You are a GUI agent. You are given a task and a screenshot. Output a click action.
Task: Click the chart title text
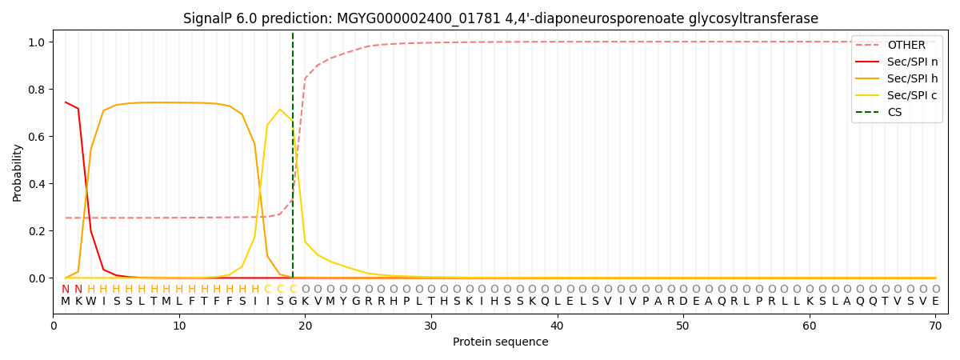point(500,18)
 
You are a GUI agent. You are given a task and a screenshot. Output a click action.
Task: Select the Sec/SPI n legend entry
point(912,62)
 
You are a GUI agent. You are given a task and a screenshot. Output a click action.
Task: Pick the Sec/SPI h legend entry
point(912,78)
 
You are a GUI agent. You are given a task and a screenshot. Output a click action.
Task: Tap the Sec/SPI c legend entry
point(912,95)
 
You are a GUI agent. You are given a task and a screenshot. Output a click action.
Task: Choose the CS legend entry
point(895,112)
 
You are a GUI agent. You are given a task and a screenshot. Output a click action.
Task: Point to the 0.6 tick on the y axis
point(38,137)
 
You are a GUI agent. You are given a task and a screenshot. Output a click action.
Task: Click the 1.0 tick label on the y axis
point(38,42)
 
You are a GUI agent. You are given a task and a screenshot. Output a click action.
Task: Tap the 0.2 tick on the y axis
point(38,231)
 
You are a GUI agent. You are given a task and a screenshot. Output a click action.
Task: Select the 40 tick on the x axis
point(557,326)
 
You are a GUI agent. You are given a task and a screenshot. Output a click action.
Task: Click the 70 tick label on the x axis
point(935,326)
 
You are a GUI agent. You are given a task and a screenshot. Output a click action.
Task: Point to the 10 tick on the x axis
point(179,326)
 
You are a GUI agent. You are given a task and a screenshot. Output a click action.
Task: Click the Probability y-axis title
point(18,172)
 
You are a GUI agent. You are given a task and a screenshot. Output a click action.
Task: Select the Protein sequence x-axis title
point(500,342)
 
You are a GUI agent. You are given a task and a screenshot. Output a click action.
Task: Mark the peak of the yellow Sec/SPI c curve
point(280,110)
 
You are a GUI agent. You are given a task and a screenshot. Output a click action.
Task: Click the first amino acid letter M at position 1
point(66,302)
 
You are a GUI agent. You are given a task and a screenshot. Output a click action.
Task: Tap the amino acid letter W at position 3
point(90,302)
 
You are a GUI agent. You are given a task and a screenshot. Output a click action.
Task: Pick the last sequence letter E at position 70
point(935,302)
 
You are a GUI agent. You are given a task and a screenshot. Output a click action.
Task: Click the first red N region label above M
point(66,290)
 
